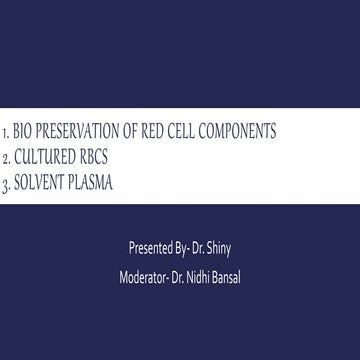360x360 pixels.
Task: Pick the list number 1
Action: [7, 133]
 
